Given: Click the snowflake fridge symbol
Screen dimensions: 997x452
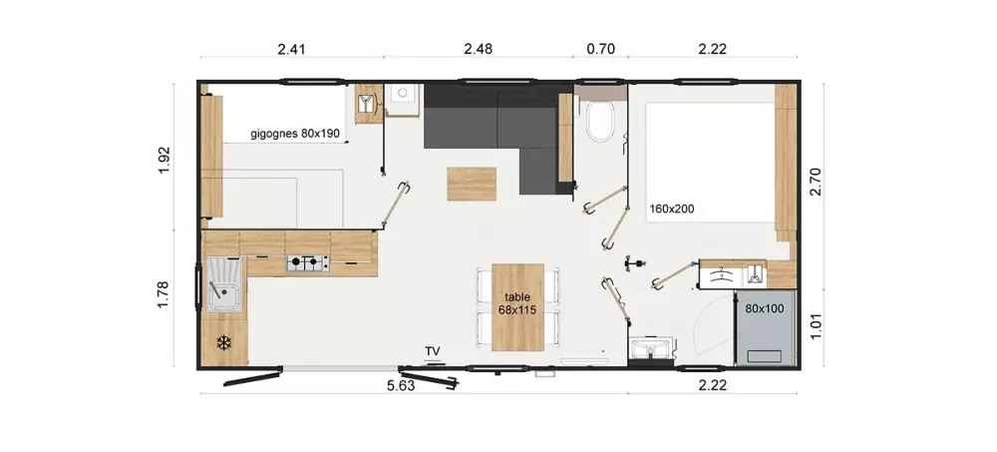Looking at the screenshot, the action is coord(223,343).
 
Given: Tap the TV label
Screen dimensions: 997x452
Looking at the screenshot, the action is coord(433,351).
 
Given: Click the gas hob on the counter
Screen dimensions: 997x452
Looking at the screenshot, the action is coord(308,263).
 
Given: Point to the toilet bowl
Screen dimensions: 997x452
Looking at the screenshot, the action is coord(599,120).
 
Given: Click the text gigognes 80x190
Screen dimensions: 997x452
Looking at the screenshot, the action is coord(295,134).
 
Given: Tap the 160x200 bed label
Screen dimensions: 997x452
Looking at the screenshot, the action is coord(672,209).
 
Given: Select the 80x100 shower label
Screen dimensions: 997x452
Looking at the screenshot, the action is coord(765,308).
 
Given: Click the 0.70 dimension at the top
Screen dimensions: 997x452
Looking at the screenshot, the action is coord(600,49).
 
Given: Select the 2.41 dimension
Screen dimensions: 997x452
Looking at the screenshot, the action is coord(292,49).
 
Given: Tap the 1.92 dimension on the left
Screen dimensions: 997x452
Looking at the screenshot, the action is coord(166,161).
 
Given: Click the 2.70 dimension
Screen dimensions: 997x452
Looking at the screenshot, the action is coord(818,182).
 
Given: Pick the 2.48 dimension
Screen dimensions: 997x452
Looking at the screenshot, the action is coord(479,49).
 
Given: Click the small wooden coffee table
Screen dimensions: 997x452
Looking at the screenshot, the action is coord(472,184).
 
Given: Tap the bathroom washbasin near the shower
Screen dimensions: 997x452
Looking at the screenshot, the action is coord(649,349).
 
